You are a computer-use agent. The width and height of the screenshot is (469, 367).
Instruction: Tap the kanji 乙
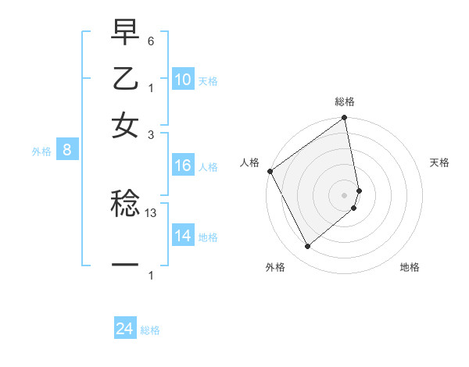coord(125,80)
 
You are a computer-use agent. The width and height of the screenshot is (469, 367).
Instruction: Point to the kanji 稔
coord(125,205)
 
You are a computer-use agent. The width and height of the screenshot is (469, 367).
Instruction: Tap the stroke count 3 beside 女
coord(151,134)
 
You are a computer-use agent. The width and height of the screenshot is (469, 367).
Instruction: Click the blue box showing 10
coord(183,80)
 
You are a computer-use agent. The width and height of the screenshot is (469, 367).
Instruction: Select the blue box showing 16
coord(183,166)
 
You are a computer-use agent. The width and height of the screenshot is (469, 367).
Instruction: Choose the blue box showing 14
coord(183,236)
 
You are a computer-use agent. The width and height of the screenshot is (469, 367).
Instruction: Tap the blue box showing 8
coord(67,151)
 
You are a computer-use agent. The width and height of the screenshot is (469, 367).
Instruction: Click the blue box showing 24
coord(124,329)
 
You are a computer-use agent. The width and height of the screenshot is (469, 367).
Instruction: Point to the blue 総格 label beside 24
coord(150,330)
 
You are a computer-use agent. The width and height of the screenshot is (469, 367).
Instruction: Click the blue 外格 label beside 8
coord(41,151)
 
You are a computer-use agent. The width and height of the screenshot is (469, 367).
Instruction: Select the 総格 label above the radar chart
coord(345,102)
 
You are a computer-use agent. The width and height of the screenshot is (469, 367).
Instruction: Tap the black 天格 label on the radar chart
coord(440,162)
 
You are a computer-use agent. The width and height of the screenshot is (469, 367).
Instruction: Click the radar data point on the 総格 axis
coord(344,119)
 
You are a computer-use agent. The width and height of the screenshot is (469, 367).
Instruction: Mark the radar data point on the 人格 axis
coord(270,171)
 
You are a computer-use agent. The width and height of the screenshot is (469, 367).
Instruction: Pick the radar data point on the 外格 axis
coord(307,246)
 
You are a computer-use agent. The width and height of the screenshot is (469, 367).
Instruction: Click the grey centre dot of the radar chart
coord(345,194)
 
